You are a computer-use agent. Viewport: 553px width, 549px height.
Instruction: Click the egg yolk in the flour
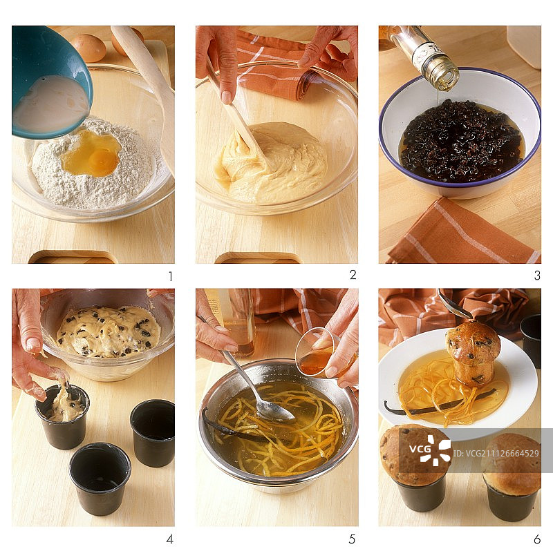click(x=103, y=160)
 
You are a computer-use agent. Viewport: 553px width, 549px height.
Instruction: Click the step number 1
click(x=171, y=276)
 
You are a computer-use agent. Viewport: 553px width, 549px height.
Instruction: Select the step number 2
click(x=353, y=275)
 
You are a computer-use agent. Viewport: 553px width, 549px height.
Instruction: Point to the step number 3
click(x=537, y=276)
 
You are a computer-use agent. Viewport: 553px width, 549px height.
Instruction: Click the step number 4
click(x=169, y=539)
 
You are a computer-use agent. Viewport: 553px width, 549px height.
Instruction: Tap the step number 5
click(x=352, y=539)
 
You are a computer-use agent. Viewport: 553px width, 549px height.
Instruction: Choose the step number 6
click(x=537, y=539)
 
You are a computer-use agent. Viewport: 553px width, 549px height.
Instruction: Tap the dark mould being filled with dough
click(x=62, y=417)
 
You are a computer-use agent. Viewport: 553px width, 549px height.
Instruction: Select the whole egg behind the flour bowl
click(x=89, y=48)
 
